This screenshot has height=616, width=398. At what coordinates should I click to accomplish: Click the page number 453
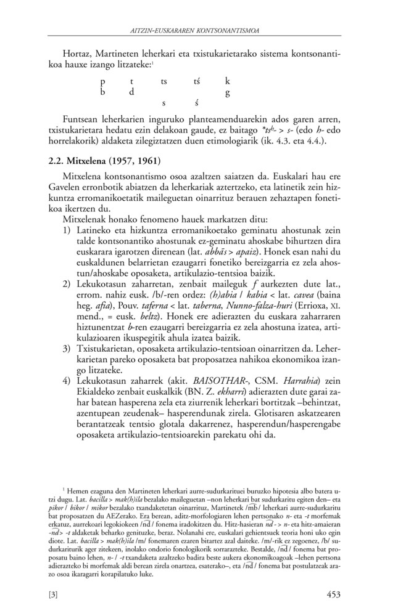(x=333, y=595)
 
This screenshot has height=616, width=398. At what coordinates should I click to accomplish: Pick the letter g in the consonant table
(x=227, y=93)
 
